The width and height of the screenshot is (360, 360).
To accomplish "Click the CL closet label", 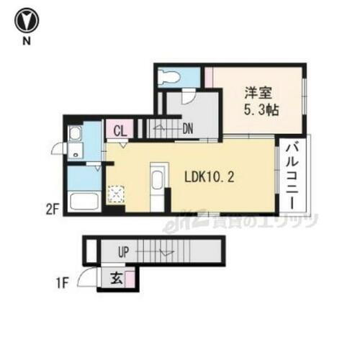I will (120, 132).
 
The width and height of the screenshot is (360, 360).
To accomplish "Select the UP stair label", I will (123, 252).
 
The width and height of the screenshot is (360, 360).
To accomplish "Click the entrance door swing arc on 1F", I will (89, 278).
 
